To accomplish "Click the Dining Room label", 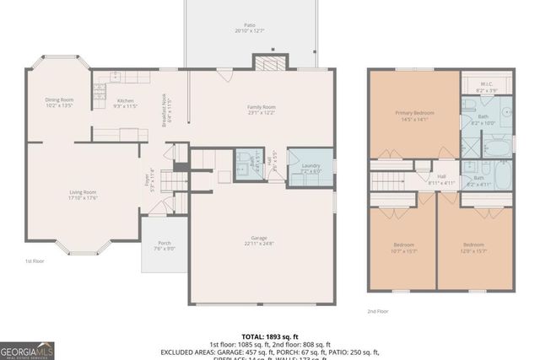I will click(59, 103).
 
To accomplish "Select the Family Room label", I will click(261, 110).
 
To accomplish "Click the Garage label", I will click(261, 241).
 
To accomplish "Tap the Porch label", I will click(164, 245).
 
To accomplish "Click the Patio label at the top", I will click(250, 28).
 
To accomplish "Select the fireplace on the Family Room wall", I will click(270, 65).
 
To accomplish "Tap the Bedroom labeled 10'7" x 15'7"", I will click(402, 249).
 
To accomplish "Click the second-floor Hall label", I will click(441, 179).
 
